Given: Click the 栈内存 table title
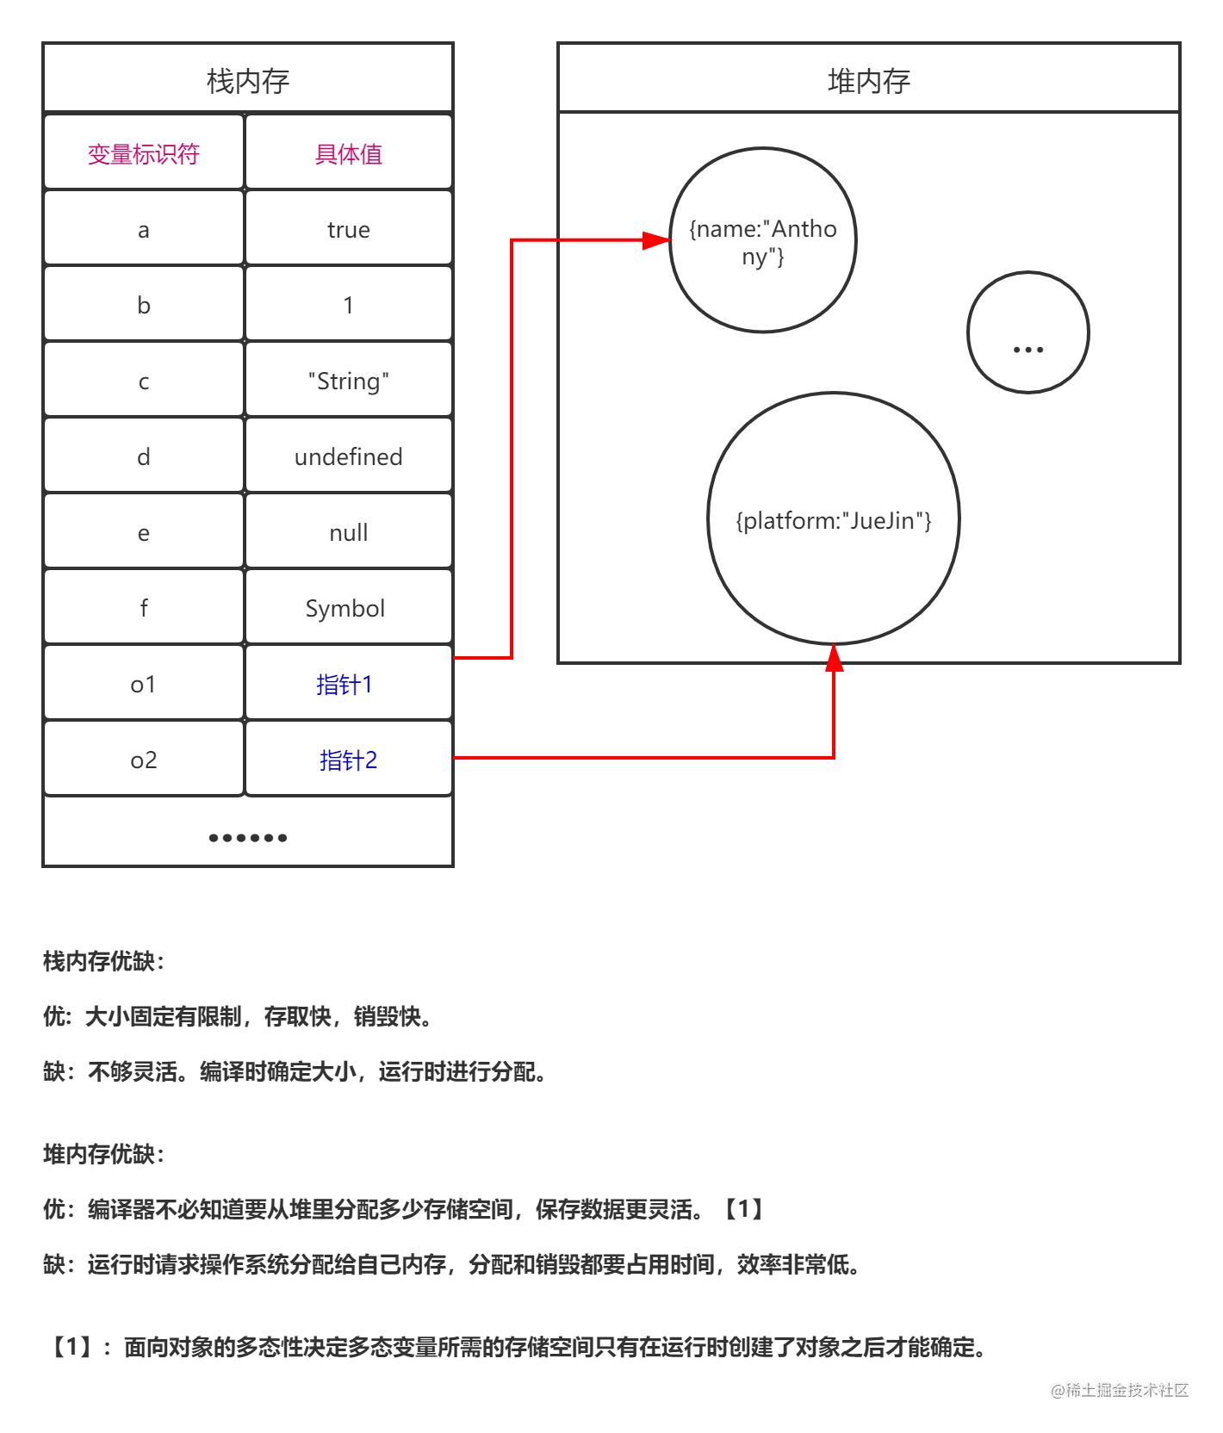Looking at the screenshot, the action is pyautogui.click(x=248, y=81).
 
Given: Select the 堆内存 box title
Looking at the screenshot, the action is pyautogui.click(x=869, y=81).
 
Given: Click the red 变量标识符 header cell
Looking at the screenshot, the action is pyautogui.click(x=144, y=153).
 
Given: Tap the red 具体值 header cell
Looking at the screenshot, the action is pyautogui.click(x=349, y=153).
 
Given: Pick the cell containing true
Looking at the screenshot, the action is pyautogui.click(x=349, y=229).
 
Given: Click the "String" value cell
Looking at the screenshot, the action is pyautogui.click(x=349, y=381).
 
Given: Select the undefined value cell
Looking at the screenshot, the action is pyautogui.click(x=349, y=456).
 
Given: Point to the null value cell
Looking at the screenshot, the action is pyautogui.click(x=349, y=532).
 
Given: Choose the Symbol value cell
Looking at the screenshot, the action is pyautogui.click(x=349, y=608).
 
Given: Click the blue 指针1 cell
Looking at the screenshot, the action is pyautogui.click(x=349, y=684).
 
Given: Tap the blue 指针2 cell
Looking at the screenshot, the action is pyautogui.click(x=349, y=760).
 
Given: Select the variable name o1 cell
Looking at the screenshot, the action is pyautogui.click(x=144, y=684).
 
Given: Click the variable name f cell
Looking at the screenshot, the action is pyautogui.click(x=144, y=608).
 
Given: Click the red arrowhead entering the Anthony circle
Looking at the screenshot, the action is pyautogui.click(x=656, y=240).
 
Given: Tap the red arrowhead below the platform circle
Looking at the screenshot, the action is pyautogui.click(x=834, y=659).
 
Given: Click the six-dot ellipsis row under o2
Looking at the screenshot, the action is pyautogui.click(x=248, y=837).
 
